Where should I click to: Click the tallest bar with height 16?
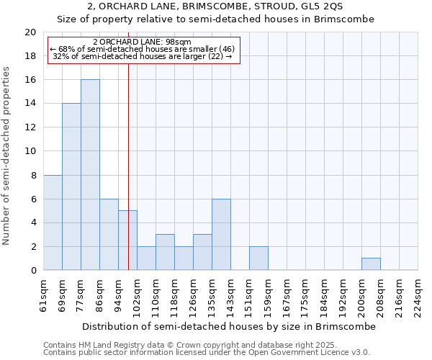(x=90, y=175)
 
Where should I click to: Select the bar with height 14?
(x=71, y=186)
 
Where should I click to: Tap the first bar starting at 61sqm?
(x=53, y=222)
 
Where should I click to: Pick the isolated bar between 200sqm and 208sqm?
(x=371, y=264)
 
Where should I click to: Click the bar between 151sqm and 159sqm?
(x=258, y=258)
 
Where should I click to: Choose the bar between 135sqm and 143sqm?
(x=221, y=235)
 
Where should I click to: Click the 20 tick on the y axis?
(x=30, y=32)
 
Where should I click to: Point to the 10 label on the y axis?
(x=30, y=151)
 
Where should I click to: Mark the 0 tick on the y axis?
(x=33, y=270)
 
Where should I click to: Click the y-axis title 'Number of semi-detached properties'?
(x=7, y=156)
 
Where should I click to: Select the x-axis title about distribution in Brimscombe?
(x=229, y=326)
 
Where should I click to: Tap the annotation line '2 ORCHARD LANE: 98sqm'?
(x=142, y=42)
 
